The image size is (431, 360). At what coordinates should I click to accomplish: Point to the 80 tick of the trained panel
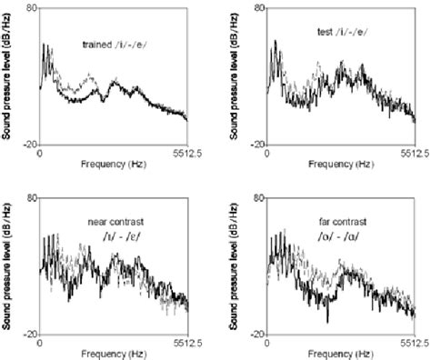pyautogui.click(x=30, y=8)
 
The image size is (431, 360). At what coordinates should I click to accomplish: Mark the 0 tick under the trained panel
pyautogui.click(x=39, y=154)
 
